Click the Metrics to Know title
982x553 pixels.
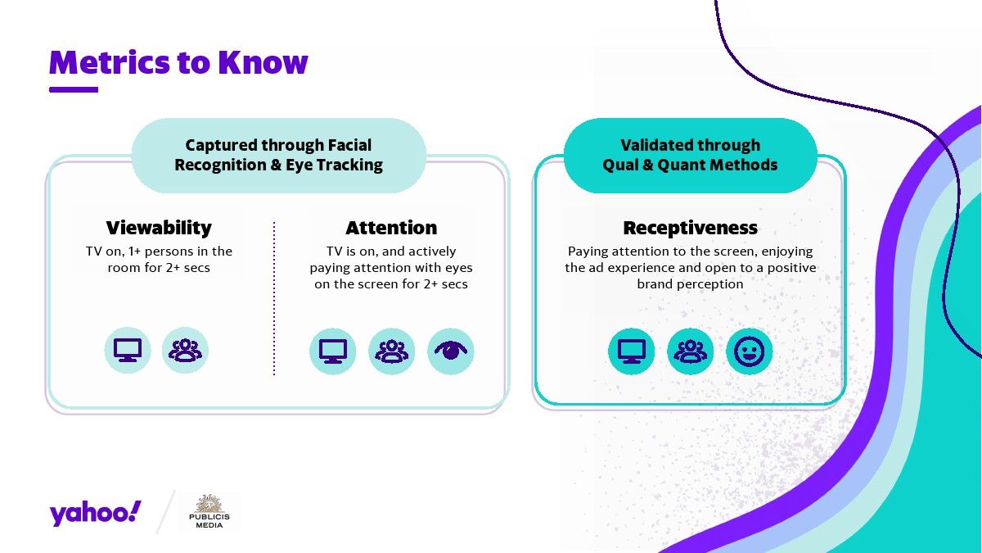coord(178,62)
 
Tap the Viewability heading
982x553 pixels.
coord(159,228)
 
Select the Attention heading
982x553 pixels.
coord(391,228)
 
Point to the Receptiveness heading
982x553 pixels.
coord(690,228)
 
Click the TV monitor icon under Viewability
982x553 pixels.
coord(128,351)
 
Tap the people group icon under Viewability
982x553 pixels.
coord(185,351)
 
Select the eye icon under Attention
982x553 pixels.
coord(451,351)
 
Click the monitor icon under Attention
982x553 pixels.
coord(333,351)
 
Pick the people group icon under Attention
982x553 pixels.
coord(391,351)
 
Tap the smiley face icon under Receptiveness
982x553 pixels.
coord(750,351)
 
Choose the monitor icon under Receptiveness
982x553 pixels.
coord(631,351)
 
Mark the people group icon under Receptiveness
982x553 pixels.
coord(690,351)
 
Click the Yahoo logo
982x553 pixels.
coord(95,513)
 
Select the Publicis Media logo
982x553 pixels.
coord(209,512)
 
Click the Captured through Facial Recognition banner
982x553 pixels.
coord(279,156)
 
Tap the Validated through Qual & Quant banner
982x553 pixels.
coord(690,156)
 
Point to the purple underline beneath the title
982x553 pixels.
coord(74,89)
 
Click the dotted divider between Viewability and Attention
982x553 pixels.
coord(274,298)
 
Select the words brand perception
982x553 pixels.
coord(690,284)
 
